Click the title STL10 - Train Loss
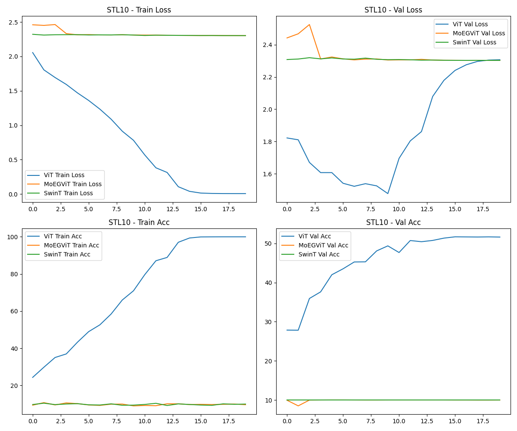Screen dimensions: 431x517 tap(139, 10)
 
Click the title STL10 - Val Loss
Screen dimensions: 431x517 tap(393, 10)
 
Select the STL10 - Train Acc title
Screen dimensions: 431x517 tap(139, 222)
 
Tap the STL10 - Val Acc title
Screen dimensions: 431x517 tap(393, 222)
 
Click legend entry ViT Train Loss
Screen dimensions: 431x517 tap(64, 175)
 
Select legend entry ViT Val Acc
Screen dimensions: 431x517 tap(314, 236)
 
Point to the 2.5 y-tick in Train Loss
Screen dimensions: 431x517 tap(12, 22)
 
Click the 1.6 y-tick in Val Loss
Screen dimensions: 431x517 tap(267, 174)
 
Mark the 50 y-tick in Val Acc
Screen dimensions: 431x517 tap(268, 244)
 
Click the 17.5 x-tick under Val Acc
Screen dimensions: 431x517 tap(477, 421)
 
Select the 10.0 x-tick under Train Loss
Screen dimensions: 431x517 tap(145, 209)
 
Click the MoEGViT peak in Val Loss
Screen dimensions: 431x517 tap(309, 25)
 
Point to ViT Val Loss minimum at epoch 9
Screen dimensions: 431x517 tap(388, 194)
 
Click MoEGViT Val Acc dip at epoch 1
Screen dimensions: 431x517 tap(298, 406)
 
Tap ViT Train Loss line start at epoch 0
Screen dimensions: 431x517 tap(33, 53)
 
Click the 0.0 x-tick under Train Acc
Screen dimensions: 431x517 tap(33, 421)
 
